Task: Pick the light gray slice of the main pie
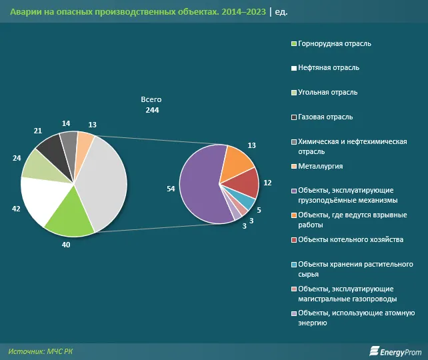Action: point(103,180)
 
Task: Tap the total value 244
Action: point(151,110)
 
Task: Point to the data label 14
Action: point(65,123)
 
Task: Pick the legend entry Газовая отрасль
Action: point(326,117)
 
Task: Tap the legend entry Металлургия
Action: point(321,166)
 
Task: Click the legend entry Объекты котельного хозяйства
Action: point(351,239)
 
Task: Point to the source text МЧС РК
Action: point(66,350)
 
